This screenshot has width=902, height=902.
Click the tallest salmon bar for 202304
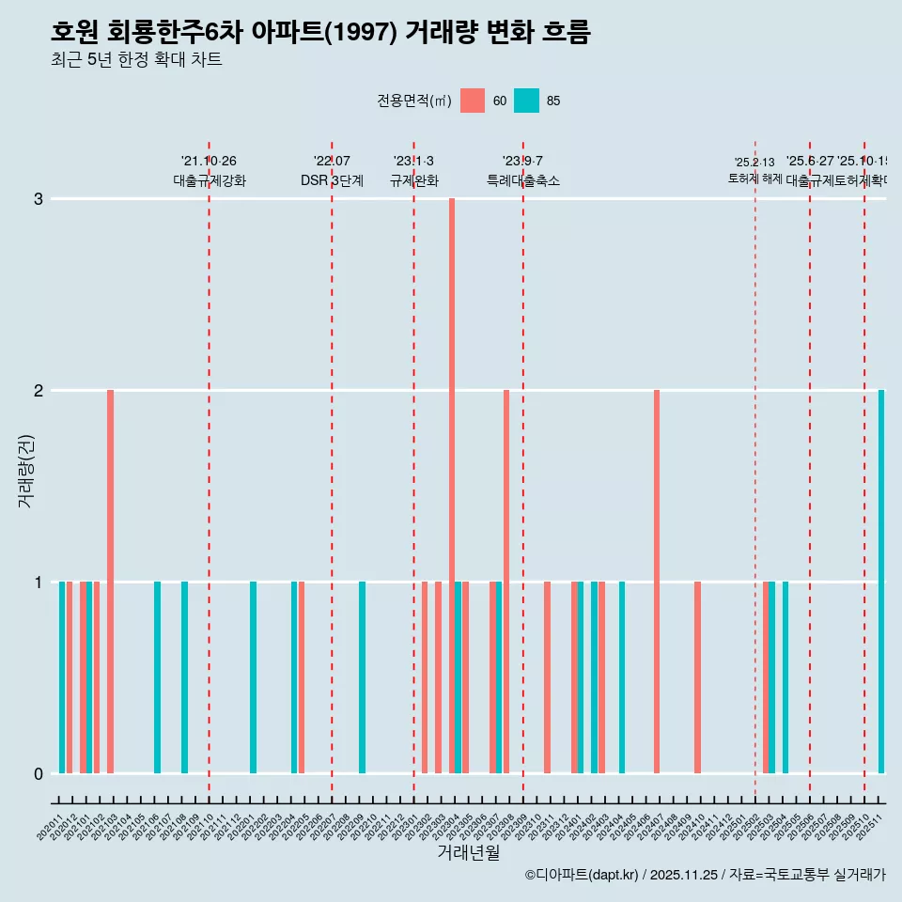pos(452,485)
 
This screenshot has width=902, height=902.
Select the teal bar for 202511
pos(881,581)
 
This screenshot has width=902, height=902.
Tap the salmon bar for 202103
pos(110,581)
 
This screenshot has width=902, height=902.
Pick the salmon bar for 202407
pos(657,581)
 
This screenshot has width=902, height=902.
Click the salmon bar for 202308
pos(506,581)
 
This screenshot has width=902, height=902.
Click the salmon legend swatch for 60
pos(473,101)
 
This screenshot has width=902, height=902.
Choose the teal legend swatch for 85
pos(526,101)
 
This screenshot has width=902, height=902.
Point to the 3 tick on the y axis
pos(39,199)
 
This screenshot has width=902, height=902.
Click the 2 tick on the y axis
pos(39,390)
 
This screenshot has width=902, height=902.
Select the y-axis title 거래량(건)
pos(25,470)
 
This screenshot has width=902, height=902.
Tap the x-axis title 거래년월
pos(468,852)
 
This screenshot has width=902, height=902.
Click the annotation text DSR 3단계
pos(332,180)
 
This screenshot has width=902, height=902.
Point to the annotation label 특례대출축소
pos(522,180)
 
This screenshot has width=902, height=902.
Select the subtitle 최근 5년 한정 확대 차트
pos(136,60)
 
